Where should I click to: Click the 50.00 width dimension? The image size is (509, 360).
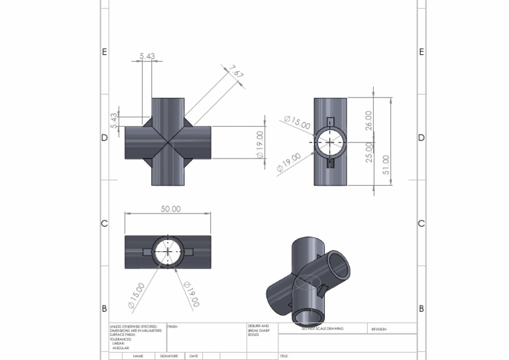(170, 209)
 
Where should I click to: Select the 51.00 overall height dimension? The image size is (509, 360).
(386, 165)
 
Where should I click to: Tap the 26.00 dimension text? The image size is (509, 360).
(369, 120)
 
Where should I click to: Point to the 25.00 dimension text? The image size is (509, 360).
(369, 152)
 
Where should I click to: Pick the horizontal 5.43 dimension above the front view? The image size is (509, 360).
(147, 56)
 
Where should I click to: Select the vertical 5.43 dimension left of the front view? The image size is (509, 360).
(114, 121)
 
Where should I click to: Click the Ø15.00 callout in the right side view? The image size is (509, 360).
(297, 123)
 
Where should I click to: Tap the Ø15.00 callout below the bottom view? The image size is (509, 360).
(135, 296)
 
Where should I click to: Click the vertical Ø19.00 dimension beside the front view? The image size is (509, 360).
(260, 145)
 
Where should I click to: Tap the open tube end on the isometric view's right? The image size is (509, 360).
(338, 265)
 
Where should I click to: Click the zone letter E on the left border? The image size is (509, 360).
(104, 52)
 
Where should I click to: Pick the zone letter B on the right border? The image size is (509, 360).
(422, 309)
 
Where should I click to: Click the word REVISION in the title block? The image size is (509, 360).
(379, 329)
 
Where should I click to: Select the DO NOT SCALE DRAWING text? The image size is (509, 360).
(322, 328)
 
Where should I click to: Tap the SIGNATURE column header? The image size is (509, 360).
(170, 356)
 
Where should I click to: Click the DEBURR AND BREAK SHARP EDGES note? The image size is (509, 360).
(258, 330)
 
